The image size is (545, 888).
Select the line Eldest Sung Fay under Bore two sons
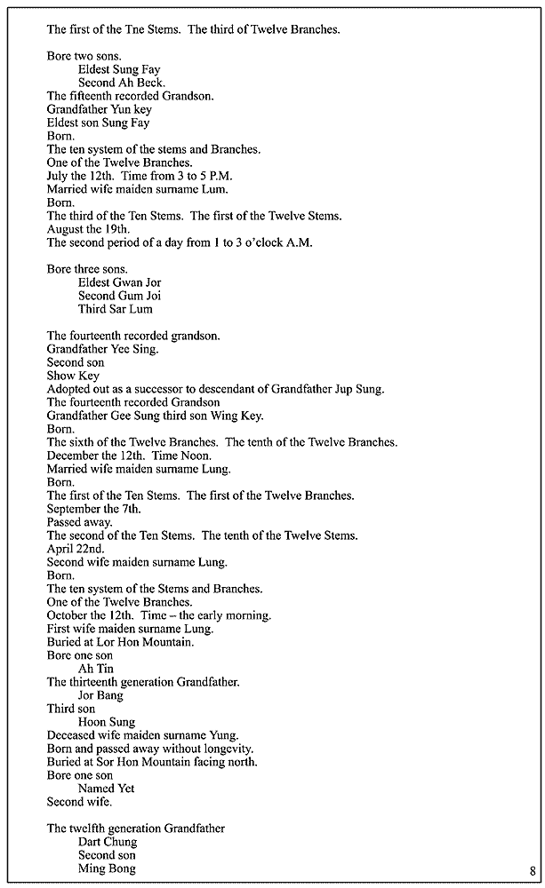119,69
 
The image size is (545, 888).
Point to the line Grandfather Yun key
99,109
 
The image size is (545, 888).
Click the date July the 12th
82,176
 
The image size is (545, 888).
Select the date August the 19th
89,229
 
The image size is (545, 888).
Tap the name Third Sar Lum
115,309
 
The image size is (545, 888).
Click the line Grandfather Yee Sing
102,349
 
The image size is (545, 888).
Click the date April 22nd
76,549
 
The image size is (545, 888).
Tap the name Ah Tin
96,669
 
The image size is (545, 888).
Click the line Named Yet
108,789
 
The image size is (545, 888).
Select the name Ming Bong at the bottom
107,868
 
